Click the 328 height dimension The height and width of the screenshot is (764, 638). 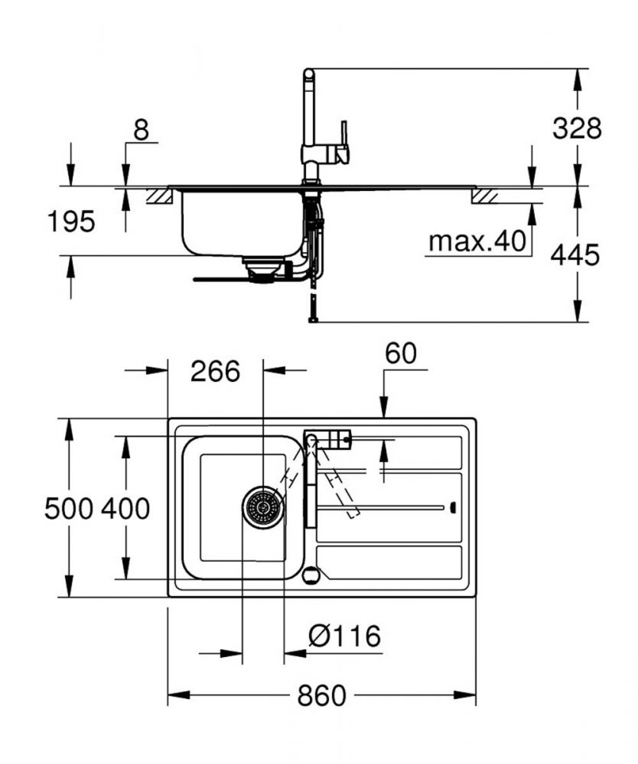click(577, 128)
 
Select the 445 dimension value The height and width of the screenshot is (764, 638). click(575, 255)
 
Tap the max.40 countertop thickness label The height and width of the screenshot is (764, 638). click(477, 241)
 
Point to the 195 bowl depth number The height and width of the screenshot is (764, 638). click(71, 222)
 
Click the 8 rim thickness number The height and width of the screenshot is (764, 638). click(141, 130)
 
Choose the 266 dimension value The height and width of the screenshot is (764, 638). click(216, 371)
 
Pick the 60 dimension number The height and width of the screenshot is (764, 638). click(400, 353)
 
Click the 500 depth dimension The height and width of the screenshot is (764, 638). click(69, 509)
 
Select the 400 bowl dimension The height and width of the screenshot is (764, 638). click(125, 509)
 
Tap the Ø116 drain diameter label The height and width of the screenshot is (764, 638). click(345, 636)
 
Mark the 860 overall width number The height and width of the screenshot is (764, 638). click(321, 695)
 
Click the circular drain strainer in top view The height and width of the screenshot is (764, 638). click(263, 507)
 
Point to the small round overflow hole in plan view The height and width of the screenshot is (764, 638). click(311, 575)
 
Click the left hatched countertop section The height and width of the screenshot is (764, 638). click(160, 196)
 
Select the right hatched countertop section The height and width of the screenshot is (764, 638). click(485, 196)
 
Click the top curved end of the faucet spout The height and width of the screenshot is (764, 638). click(309, 74)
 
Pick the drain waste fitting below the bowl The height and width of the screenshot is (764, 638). click(262, 270)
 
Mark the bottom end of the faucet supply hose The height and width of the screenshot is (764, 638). click(313, 319)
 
